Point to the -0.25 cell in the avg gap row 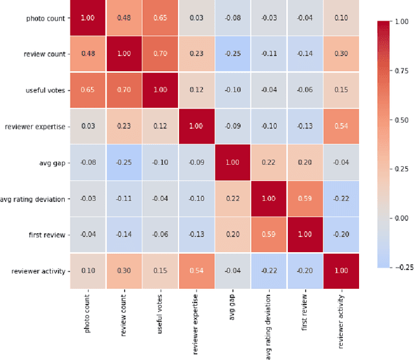[124, 163]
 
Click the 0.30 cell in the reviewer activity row [124, 271]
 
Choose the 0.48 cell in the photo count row [124, 19]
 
